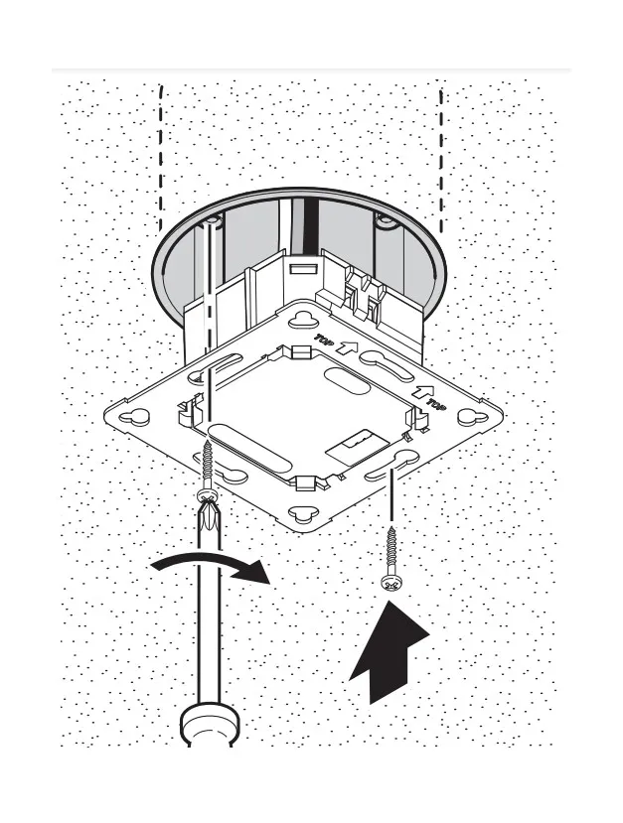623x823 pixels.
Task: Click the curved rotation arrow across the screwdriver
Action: tap(210, 563)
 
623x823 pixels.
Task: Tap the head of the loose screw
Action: tap(390, 584)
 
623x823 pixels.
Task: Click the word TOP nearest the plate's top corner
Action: tap(323, 340)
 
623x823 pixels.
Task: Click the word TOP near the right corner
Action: tap(436, 404)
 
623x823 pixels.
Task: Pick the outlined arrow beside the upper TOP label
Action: tap(347, 346)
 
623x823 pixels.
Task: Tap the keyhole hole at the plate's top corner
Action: tap(303, 320)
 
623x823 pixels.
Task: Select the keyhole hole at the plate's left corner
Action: tap(135, 416)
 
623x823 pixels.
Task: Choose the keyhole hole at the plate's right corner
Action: tap(473, 417)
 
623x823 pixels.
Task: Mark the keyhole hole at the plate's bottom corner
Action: tap(303, 514)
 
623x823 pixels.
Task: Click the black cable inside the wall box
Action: tap(311, 226)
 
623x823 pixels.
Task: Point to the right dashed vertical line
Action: tap(441, 160)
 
